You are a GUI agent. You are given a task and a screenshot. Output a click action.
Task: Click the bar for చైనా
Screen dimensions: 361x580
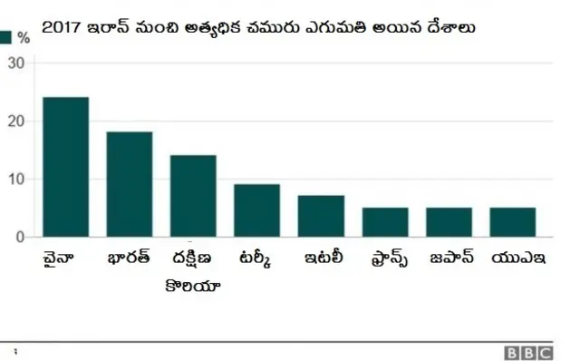coord(65,167)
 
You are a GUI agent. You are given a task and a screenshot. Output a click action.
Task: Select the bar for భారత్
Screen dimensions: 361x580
coord(130,184)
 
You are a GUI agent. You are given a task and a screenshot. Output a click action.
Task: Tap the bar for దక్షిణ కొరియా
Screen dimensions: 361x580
coord(193,196)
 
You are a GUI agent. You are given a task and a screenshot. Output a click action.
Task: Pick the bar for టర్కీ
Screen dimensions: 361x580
coord(256,210)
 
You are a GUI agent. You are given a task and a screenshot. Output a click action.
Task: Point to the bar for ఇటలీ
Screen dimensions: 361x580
coord(321,216)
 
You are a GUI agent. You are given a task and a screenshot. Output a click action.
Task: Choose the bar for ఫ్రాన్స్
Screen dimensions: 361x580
coord(385,222)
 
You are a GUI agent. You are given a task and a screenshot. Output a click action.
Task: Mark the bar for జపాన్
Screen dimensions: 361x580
coord(449,222)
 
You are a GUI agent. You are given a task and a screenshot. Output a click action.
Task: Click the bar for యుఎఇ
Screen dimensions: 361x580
coord(512,222)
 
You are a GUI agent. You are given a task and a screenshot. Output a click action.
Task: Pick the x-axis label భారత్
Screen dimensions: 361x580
coord(128,258)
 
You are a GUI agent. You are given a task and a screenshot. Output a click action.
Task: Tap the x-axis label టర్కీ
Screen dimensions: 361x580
coord(255,258)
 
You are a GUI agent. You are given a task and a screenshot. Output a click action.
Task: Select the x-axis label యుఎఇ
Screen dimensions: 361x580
coord(514,258)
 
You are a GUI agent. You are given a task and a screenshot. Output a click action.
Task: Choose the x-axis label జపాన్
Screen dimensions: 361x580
coord(449,258)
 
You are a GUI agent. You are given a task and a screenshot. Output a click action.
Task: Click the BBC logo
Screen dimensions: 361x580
coord(528,351)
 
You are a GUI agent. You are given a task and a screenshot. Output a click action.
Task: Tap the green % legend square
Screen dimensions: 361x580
coord(6,37)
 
